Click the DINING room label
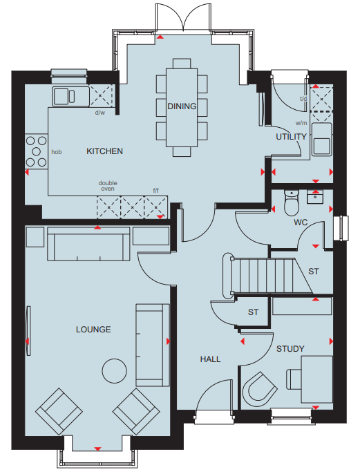182,106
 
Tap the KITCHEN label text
104,151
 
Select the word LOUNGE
93,329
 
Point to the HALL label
210,359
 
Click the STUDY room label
290,349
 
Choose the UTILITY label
291,137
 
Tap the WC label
301,222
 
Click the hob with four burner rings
36,151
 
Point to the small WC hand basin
315,197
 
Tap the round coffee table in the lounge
114,371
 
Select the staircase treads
263,276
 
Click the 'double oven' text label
108,186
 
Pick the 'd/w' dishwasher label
100,113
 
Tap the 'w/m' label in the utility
301,123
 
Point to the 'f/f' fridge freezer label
155,191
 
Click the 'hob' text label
57,152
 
